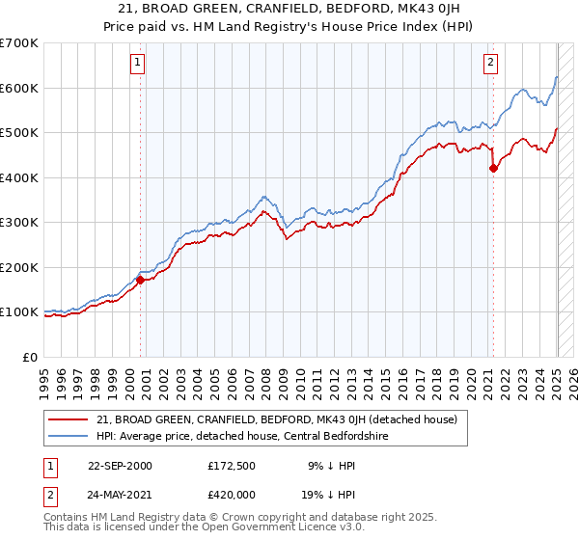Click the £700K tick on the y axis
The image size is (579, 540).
pyautogui.click(x=19, y=43)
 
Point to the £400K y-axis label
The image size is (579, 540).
pyautogui.click(x=19, y=177)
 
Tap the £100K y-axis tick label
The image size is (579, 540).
pyautogui.click(x=19, y=312)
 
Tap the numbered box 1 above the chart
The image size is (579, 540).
pyautogui.click(x=138, y=64)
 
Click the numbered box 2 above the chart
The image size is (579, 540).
pyautogui.click(x=490, y=64)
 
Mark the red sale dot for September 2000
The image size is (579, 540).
pyautogui.click(x=140, y=281)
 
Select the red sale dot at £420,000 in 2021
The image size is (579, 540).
pyautogui.click(x=493, y=168)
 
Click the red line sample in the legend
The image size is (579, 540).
pyautogui.click(x=69, y=419)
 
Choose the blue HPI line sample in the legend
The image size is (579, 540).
pyautogui.click(x=69, y=436)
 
